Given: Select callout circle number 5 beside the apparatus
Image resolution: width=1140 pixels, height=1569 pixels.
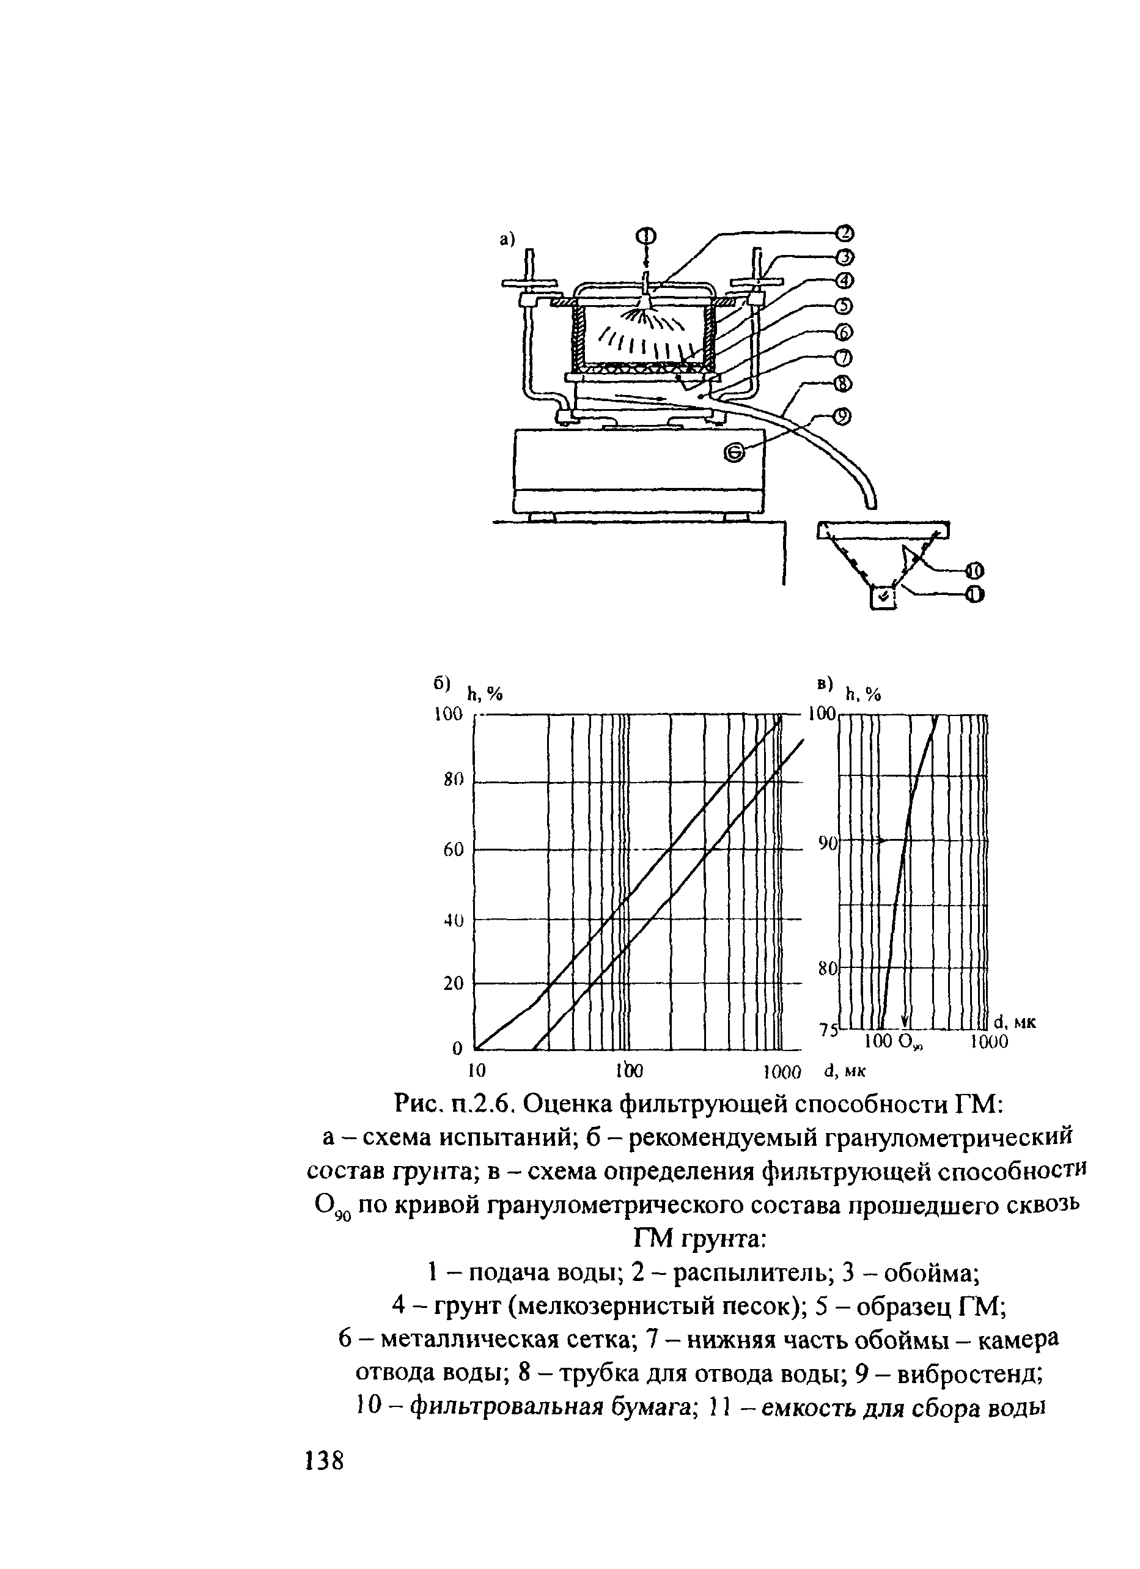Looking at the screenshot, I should coord(845,306).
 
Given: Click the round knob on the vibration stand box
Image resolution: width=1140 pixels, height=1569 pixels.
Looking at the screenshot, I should coord(735,452).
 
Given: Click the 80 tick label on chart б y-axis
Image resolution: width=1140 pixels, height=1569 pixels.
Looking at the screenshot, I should coord(452,780).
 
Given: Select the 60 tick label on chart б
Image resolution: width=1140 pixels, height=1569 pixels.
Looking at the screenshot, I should coord(453,849).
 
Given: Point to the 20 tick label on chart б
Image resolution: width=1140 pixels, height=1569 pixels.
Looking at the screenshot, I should coord(453,983).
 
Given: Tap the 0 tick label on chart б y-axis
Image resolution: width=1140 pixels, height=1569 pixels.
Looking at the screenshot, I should coord(457,1049).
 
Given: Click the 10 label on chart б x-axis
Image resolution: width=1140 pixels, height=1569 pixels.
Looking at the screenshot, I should coord(477,1072).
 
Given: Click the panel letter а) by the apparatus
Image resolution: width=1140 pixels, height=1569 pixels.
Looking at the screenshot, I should coord(509,239).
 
